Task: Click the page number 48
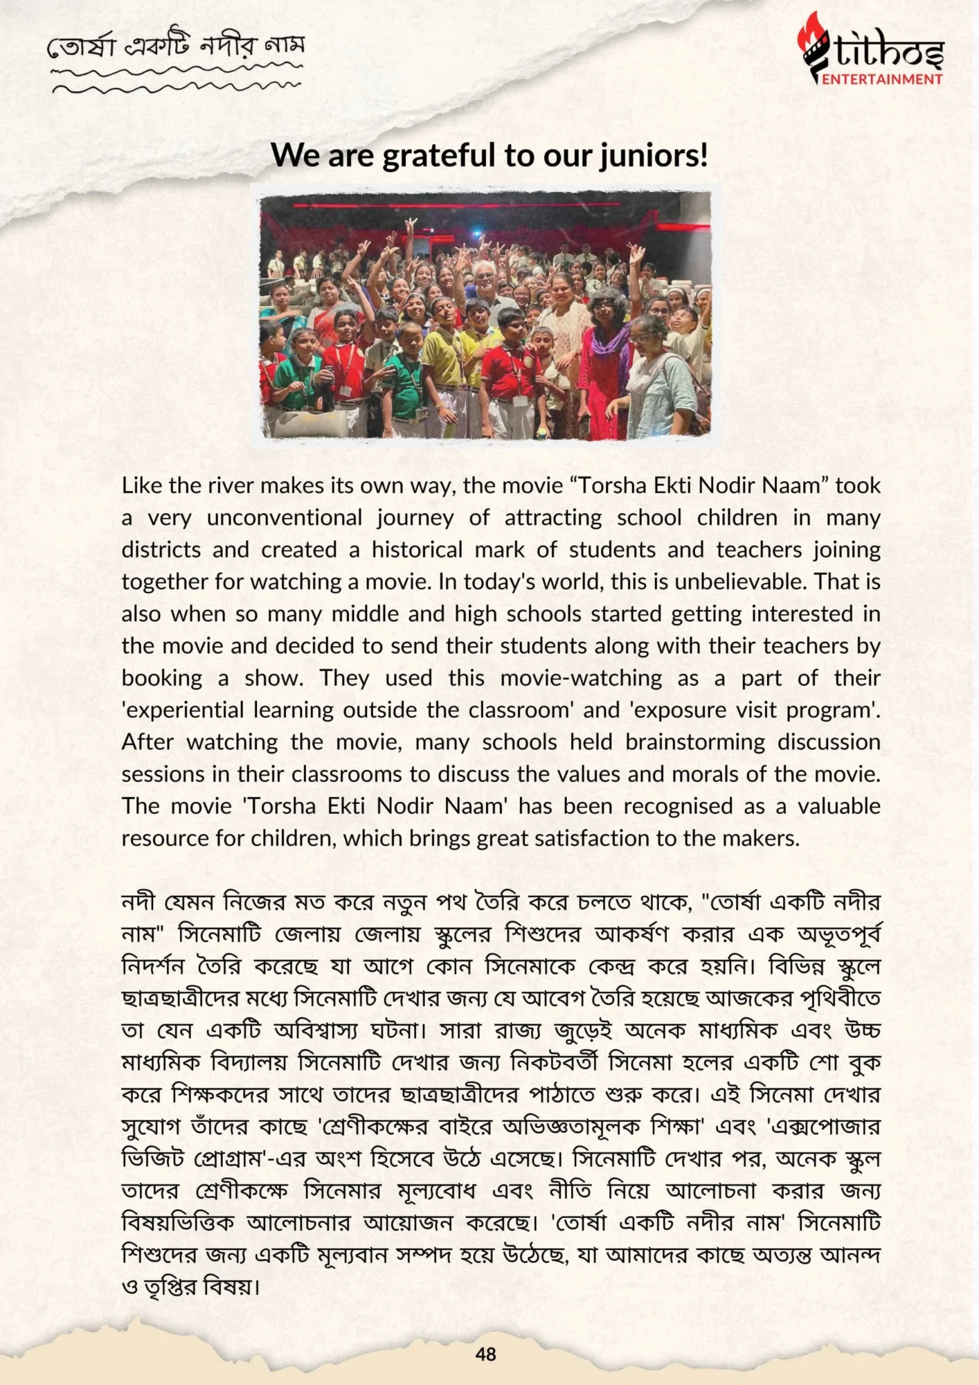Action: pos(486,1354)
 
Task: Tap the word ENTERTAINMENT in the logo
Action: pos(882,79)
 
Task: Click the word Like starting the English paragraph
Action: pos(141,485)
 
